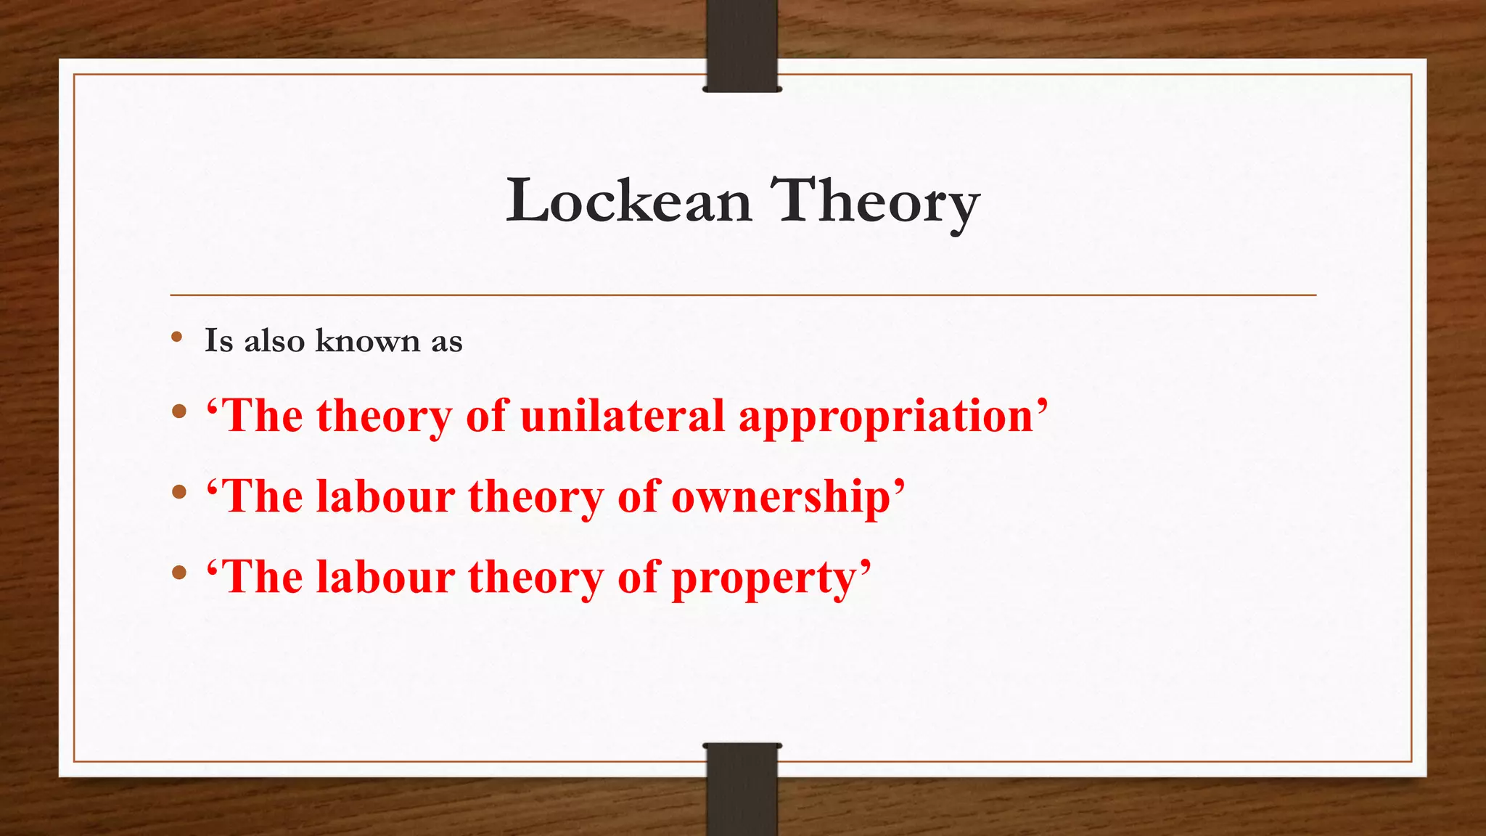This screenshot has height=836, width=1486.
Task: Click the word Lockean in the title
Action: (628, 200)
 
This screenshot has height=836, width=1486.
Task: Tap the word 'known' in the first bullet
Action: (368, 340)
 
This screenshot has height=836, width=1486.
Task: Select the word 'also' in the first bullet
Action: (274, 340)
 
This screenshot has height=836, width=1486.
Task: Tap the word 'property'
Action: (768, 579)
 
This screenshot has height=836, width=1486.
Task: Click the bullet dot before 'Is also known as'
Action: (177, 337)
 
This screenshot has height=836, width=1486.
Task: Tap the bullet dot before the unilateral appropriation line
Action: (179, 412)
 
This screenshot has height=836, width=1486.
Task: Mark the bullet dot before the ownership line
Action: (179, 493)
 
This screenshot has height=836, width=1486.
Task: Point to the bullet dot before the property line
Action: (179, 573)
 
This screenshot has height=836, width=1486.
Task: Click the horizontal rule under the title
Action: (743, 295)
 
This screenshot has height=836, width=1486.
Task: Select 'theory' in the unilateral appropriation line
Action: (385, 417)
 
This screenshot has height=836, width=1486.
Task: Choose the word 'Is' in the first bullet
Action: (218, 340)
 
